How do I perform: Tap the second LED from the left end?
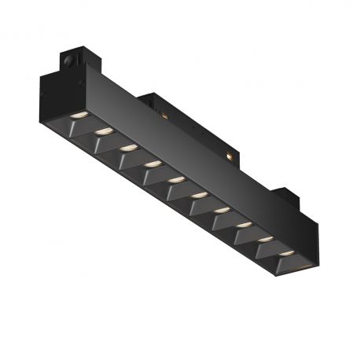coord(103,130)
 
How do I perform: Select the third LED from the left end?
coord(128,147)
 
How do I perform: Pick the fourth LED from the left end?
coord(152,163)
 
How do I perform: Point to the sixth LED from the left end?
coord(200,194)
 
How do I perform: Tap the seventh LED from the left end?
coord(222,210)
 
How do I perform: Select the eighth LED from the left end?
coord(244,224)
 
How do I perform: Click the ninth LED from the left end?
coord(266,238)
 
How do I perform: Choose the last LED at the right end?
coord(288,252)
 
